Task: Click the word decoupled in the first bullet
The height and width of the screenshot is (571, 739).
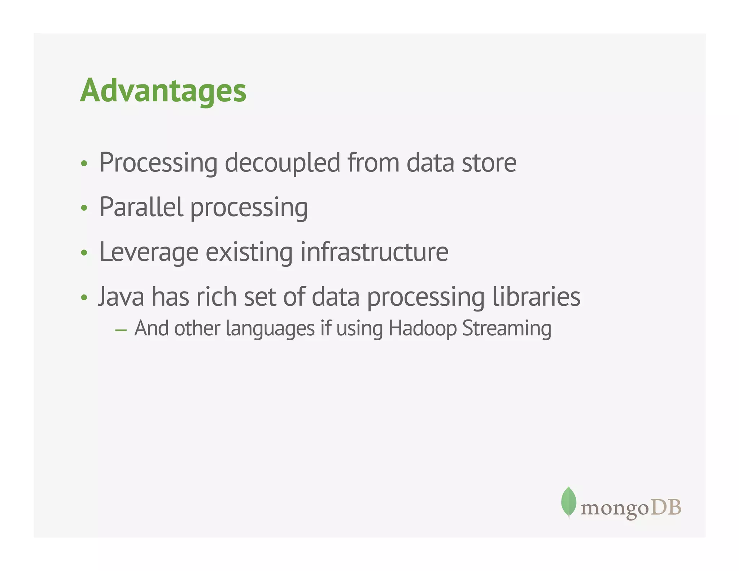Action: (x=282, y=163)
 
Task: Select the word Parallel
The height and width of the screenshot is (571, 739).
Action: (x=141, y=207)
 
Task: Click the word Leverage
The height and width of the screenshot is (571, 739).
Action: (x=149, y=252)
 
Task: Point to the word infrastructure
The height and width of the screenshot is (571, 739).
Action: (x=374, y=252)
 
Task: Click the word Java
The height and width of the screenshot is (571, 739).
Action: (x=121, y=297)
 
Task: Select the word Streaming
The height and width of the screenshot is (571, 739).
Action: (x=507, y=328)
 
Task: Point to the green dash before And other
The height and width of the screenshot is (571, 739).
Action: (x=121, y=330)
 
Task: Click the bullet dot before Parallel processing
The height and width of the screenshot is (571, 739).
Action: (x=84, y=208)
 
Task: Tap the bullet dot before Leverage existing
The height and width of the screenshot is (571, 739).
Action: (x=84, y=253)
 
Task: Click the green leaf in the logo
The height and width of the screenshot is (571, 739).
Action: (x=568, y=501)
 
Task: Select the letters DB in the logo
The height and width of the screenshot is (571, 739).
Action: (x=666, y=507)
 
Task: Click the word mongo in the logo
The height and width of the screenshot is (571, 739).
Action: (x=615, y=509)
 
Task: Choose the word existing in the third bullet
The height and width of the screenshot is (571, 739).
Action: (x=249, y=252)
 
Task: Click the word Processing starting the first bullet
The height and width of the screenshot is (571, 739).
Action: (x=158, y=163)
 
